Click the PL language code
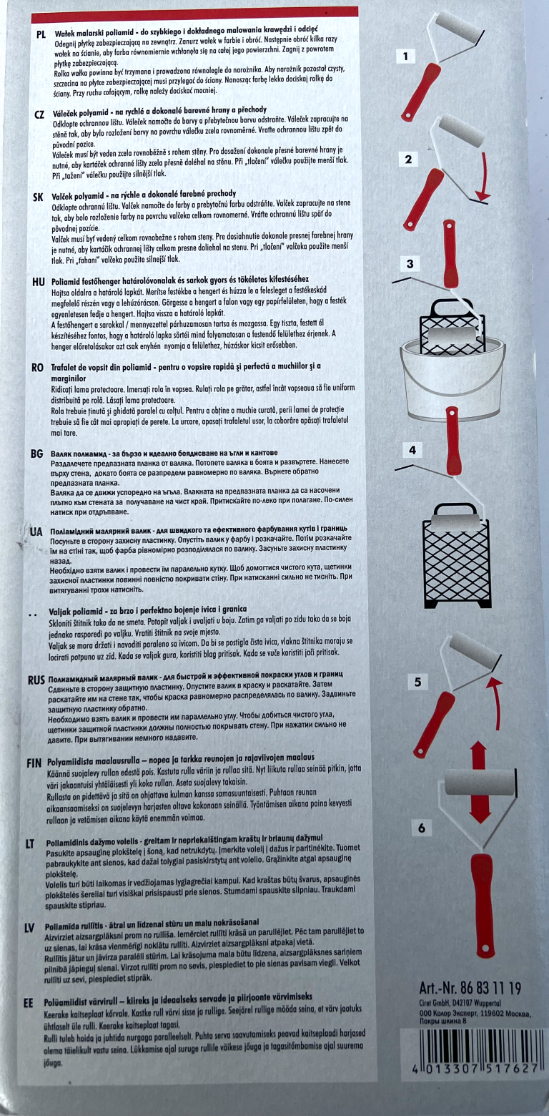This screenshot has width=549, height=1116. (x=41, y=34)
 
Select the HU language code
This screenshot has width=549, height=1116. (x=39, y=282)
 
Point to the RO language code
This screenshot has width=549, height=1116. (x=37, y=368)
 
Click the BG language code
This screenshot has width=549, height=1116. (x=37, y=454)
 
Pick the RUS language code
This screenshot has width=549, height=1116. (x=36, y=680)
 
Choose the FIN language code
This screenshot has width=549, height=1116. (x=34, y=763)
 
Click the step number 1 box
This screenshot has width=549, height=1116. (x=405, y=57)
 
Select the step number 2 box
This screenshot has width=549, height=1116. (x=409, y=160)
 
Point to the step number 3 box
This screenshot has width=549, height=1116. (x=410, y=264)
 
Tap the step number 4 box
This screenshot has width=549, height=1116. (x=412, y=451)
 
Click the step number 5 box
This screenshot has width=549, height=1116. (x=417, y=682)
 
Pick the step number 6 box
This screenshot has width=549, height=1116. (x=422, y=828)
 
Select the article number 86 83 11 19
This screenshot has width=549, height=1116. (x=470, y=987)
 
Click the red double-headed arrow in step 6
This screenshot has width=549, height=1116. (x=478, y=782)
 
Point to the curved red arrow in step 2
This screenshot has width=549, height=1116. (x=485, y=172)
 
